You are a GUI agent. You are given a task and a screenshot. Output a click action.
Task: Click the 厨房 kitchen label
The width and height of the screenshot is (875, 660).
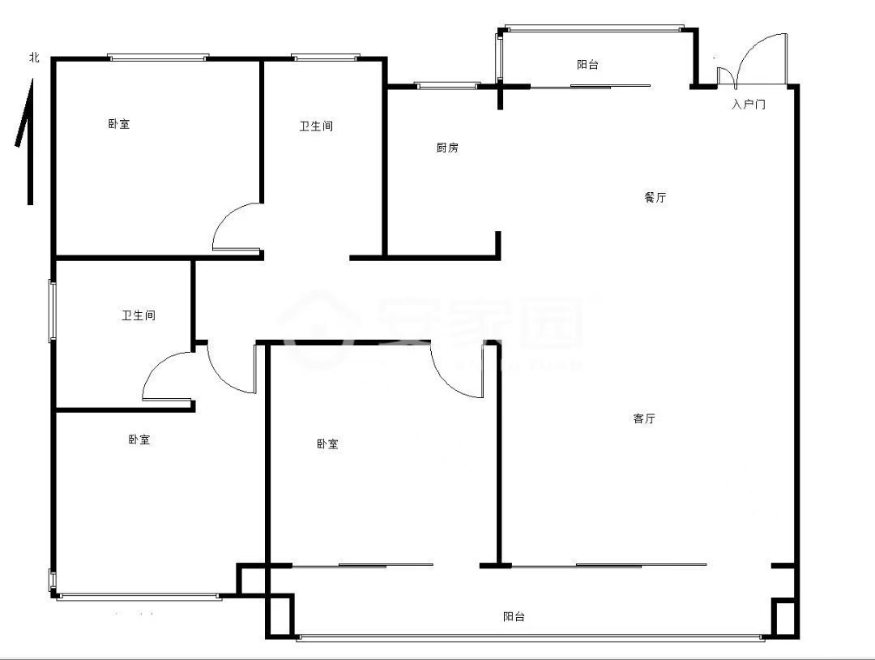coord(447,148)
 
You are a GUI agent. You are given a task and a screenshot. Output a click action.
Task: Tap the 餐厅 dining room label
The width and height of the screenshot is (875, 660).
coord(655,197)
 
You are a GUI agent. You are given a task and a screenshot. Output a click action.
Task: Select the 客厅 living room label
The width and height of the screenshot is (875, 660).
coord(644,418)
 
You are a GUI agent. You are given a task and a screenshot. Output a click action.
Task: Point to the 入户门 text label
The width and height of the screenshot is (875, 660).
coord(749,104)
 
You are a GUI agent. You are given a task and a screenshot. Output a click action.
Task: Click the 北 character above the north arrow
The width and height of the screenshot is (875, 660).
coord(35,57)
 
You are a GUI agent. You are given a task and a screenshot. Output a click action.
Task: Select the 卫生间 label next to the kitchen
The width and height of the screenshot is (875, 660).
coord(317,126)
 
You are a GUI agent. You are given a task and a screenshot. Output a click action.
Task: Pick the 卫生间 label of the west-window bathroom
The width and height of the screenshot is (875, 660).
coord(139,315)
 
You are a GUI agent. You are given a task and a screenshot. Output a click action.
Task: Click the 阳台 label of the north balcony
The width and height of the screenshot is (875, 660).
coord(587,65)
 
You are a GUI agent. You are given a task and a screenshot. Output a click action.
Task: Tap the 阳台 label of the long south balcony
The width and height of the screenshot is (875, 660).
coord(514,616)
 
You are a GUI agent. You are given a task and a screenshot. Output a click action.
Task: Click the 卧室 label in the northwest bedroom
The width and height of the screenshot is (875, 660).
coord(119,124)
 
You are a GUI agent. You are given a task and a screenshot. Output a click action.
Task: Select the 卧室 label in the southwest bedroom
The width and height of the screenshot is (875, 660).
coord(139,439)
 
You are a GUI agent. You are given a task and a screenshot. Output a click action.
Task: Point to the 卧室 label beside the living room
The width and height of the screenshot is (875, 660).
coord(327,444)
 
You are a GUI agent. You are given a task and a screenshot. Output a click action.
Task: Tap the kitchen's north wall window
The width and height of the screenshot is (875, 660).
coord(447,85)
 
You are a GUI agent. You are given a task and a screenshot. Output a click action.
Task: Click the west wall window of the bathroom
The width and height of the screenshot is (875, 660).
coord(53,311)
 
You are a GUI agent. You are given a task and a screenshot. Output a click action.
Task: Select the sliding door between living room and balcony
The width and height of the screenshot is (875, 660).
coord(609,565)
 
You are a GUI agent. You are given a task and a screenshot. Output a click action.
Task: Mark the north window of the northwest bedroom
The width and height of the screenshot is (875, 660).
coord(158,57)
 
